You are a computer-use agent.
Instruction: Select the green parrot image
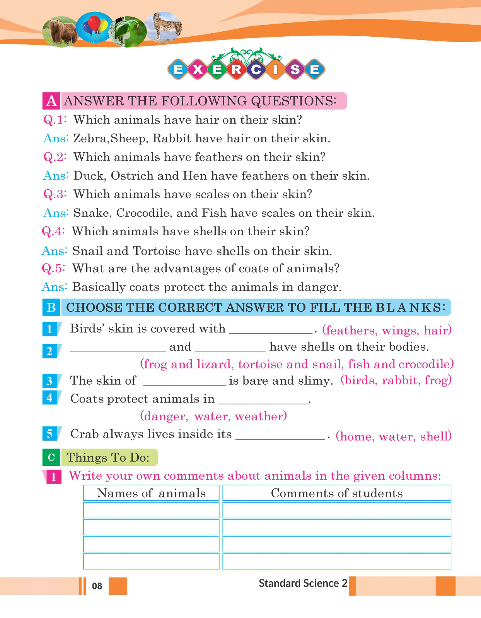pyautogui.click(x=128, y=31)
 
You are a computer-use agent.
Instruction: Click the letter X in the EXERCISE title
pyautogui.click(x=198, y=70)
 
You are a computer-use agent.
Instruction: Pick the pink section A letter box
pyautogui.click(x=51, y=101)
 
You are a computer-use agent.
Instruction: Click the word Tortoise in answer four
pyautogui.click(x=156, y=251)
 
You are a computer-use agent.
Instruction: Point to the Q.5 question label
pyautogui.click(x=53, y=268)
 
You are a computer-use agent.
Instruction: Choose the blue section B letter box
pyautogui.click(x=51, y=307)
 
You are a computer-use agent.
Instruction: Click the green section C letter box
pyautogui.click(x=51, y=457)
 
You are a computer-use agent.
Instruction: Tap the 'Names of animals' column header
pyautogui.click(x=151, y=493)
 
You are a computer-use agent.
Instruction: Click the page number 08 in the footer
pyautogui.click(x=97, y=586)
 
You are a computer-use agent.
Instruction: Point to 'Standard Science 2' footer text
pyautogui.click(x=303, y=583)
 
